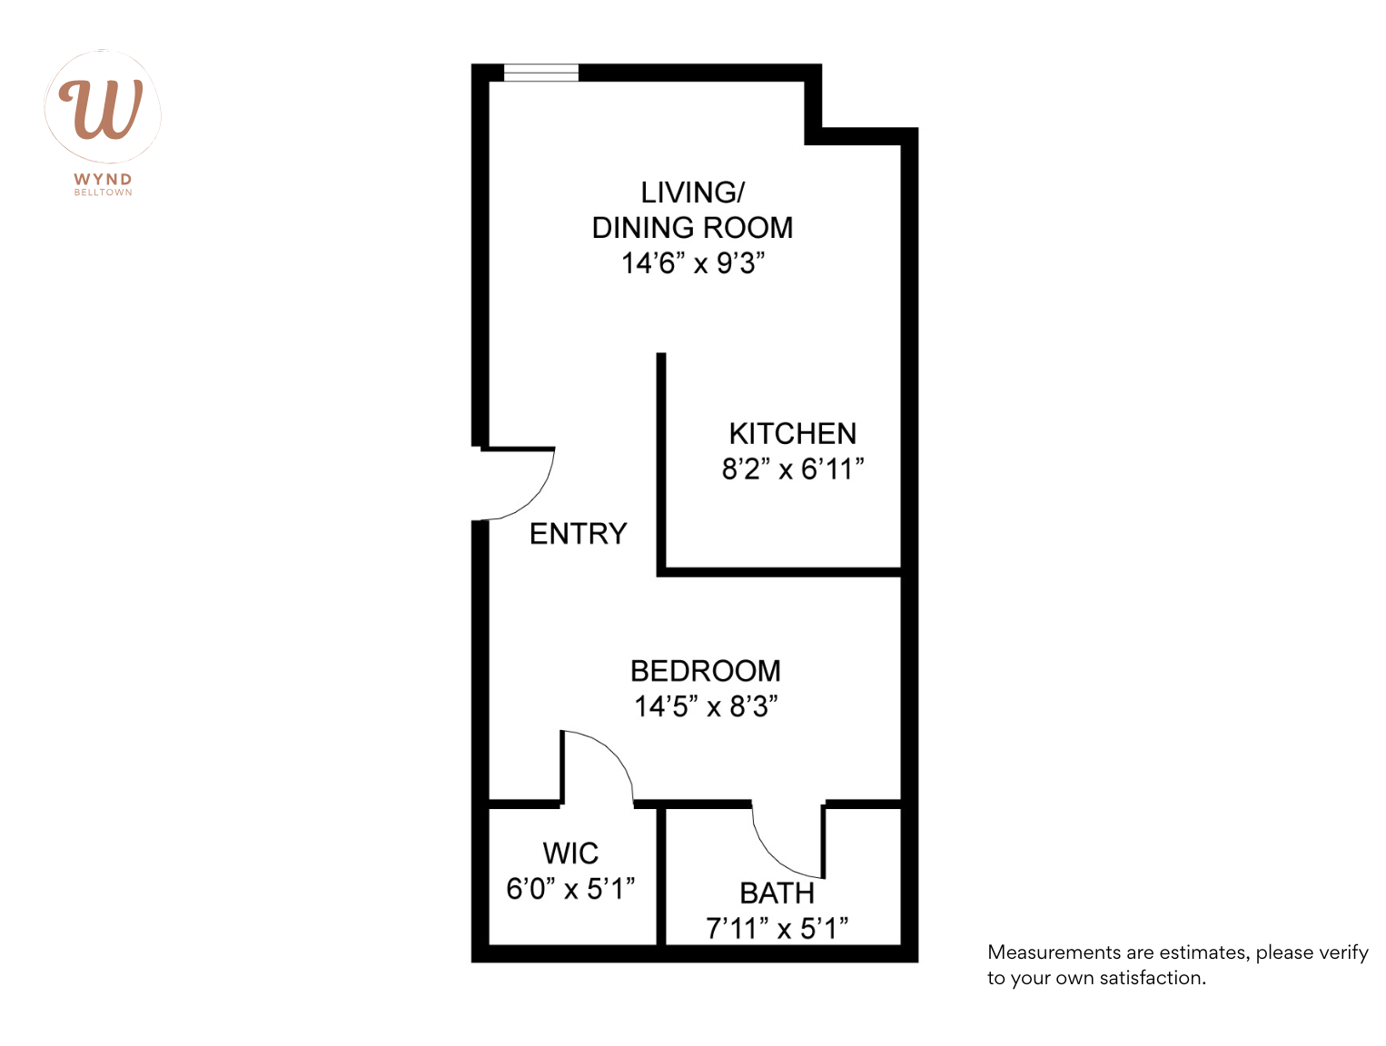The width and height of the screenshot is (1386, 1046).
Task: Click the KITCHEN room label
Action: pyautogui.click(x=792, y=433)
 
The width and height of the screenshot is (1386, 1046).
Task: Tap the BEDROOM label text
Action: pyautogui.click(x=706, y=671)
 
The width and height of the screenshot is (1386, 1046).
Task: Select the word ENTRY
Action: pyautogui.click(x=579, y=533)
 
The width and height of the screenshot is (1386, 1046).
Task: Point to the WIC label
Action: pyautogui.click(x=570, y=854)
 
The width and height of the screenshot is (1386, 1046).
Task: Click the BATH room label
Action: pyautogui.click(x=777, y=893)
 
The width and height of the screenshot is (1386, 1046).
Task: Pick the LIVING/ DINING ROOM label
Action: pyautogui.click(x=692, y=210)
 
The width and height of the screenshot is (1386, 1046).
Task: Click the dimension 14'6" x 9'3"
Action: pyautogui.click(x=692, y=263)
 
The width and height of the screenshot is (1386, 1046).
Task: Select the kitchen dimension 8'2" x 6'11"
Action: pyautogui.click(x=792, y=469)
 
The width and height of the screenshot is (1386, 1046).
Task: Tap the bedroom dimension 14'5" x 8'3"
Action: pyautogui.click(x=706, y=706)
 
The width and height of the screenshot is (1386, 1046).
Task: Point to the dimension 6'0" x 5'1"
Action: pyautogui.click(x=570, y=889)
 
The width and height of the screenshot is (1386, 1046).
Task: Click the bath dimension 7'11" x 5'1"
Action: pyautogui.click(x=777, y=929)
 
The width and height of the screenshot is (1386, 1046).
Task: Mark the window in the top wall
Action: pyautogui.click(x=541, y=73)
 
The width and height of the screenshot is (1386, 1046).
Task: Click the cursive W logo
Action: pyautogui.click(x=102, y=108)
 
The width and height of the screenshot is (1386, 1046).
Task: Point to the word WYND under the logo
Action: pyautogui.click(x=103, y=180)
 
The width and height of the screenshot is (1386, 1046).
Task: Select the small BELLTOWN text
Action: pyautogui.click(x=103, y=192)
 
